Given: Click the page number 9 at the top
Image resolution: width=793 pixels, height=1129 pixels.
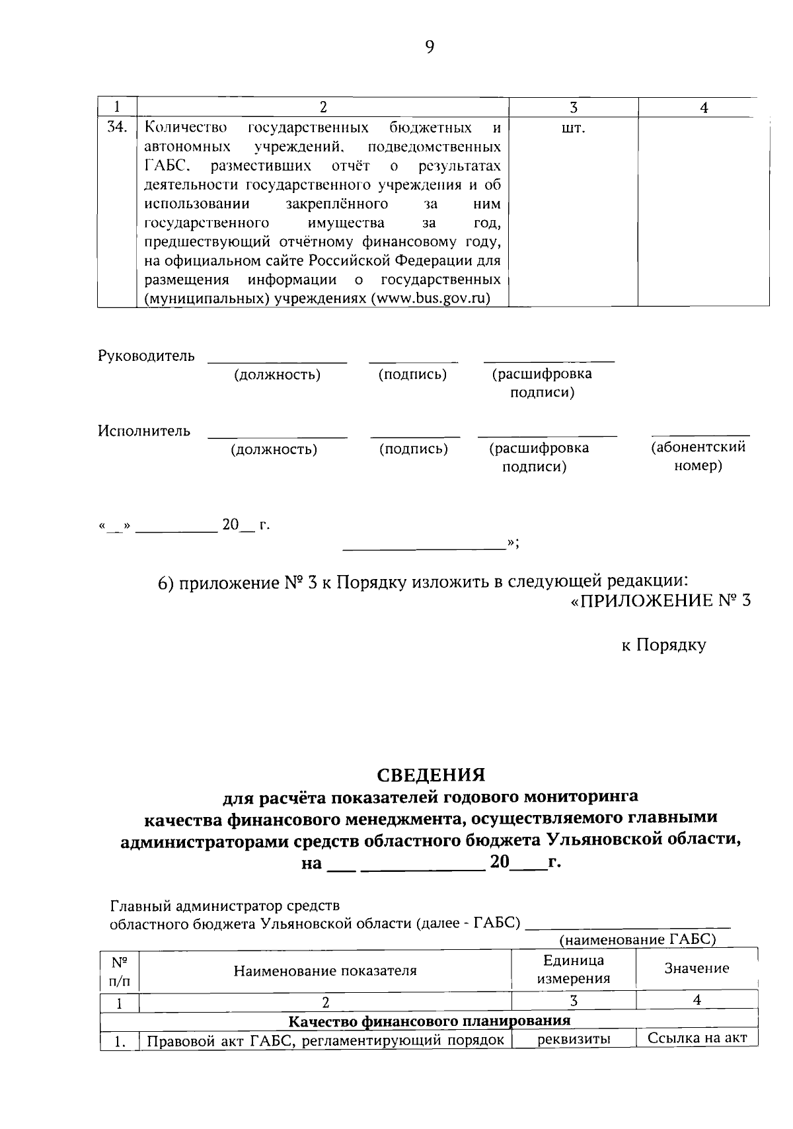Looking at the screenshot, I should pos(430,47).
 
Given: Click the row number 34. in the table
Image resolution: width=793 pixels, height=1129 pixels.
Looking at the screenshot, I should pos(117,128).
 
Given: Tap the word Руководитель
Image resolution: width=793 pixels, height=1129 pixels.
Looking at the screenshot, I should pos(146,356).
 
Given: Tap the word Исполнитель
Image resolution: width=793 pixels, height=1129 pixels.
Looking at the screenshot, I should pos(144,431).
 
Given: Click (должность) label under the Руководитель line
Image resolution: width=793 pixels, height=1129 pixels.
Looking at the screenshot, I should pos(277,375).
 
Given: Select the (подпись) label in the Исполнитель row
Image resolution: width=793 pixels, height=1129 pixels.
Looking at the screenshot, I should pos(413,449).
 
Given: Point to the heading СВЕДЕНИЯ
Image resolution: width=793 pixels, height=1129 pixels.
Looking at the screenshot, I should pos(431,774).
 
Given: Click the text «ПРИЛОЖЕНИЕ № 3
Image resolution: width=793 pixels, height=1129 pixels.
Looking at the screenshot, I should pos(660,601).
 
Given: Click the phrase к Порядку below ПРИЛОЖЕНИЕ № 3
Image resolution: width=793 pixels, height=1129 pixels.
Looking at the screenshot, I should pos(663,645).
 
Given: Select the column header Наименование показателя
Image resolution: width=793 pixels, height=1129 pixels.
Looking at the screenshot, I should pos(325,970).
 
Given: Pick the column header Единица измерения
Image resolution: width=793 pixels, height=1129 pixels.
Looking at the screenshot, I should pos(573,969).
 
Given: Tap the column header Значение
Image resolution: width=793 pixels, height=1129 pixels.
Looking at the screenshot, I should pos(697,968).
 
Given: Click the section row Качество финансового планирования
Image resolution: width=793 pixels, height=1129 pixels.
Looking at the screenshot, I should pos(430,1021).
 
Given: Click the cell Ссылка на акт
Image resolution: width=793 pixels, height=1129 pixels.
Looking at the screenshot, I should pos(697,1038).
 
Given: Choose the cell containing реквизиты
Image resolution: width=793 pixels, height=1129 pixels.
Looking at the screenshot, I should pos(573,1039).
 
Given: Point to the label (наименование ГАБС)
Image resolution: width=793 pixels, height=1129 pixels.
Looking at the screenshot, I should pos(638,939).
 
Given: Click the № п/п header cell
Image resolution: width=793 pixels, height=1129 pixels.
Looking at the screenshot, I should pos(120,970).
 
